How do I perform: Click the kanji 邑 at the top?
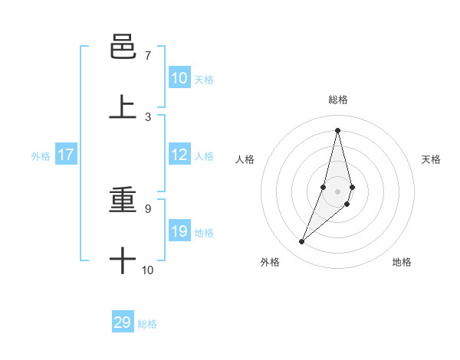123,48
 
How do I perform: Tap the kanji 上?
123,107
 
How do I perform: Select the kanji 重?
123,201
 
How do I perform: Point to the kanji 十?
123,260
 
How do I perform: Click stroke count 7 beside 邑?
148,56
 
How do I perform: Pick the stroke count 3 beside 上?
148,116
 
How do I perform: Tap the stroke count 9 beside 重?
148,208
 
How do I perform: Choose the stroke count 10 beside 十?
148,270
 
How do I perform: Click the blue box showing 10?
179,78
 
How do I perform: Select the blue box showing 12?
179,155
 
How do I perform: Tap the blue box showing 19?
179,231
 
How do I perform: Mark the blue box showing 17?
66,155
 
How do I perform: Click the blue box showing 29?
123,322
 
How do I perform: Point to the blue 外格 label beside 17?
41,156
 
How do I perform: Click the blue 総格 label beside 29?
147,324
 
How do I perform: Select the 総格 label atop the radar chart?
338,100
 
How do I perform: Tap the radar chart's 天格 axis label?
432,159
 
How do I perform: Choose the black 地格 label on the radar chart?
402,262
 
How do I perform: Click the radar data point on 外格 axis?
302,242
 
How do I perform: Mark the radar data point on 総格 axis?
338,130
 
